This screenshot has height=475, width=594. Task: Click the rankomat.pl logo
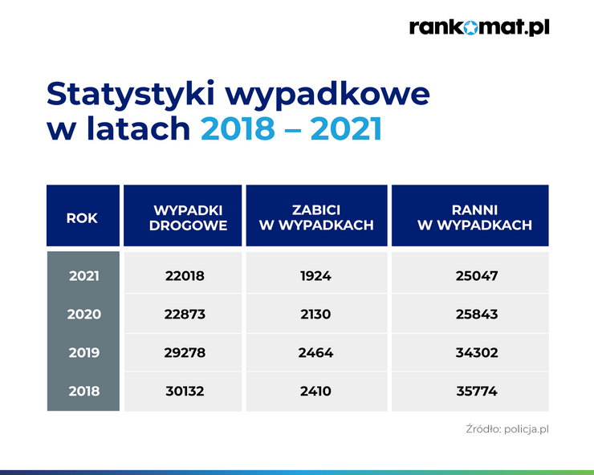[x=479, y=27]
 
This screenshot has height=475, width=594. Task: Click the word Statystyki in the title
[x=131, y=95]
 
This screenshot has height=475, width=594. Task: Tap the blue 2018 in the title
[x=238, y=128]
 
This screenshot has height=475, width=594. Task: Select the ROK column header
[x=83, y=216]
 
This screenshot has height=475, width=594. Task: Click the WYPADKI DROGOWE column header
[x=182, y=216]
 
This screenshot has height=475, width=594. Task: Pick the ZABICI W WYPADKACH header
[x=317, y=216]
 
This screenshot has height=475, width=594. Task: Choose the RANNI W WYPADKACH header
[x=470, y=216]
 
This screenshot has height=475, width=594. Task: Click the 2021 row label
[x=84, y=276]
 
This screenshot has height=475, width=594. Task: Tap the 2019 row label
[x=84, y=353]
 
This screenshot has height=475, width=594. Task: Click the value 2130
[x=315, y=314]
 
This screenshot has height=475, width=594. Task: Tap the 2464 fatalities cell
[x=315, y=353]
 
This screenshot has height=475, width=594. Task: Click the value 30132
[x=185, y=391]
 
